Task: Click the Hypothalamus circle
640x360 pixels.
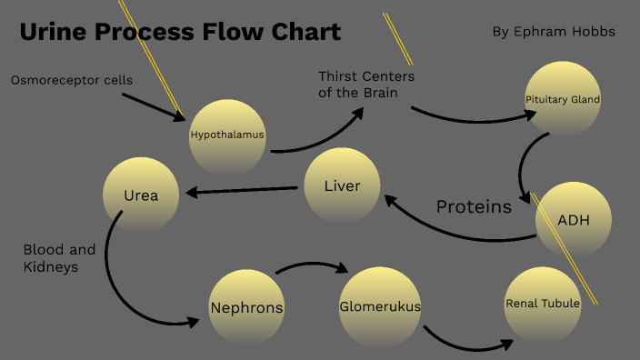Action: tap(227, 136)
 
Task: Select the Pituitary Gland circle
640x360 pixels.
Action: tap(563, 98)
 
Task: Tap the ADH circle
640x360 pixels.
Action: tap(573, 220)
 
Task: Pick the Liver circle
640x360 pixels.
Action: tap(342, 186)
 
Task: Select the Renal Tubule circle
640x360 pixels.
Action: tap(543, 304)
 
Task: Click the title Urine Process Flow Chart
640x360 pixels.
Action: tap(180, 33)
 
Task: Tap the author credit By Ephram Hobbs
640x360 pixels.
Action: tap(554, 32)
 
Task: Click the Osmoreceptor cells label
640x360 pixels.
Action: tap(72, 80)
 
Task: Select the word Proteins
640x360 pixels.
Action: tap(474, 207)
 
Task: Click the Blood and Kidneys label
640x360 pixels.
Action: tap(59, 258)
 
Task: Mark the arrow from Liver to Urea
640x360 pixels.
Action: tap(242, 190)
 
